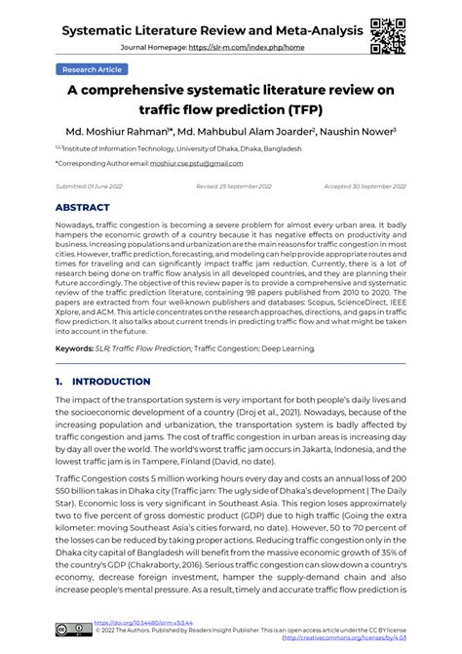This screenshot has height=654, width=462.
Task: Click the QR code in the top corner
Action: [387, 31]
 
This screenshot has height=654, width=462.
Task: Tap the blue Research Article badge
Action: [93, 70]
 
